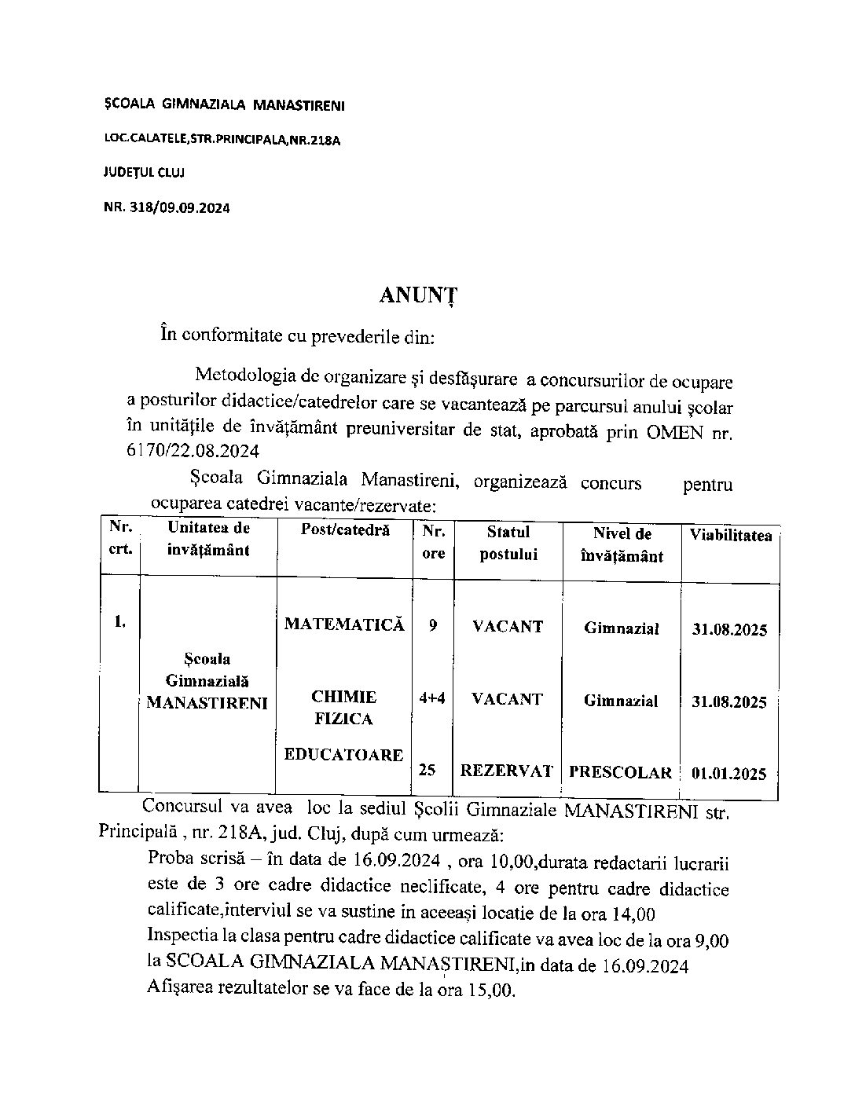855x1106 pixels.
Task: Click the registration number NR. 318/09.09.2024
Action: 167,207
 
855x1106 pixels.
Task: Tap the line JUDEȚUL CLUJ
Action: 144,172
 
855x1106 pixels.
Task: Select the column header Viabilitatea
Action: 731,536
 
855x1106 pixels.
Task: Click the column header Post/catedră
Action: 345,530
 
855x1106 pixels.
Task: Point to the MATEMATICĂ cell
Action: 344,624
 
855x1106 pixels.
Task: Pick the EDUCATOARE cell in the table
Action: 344,755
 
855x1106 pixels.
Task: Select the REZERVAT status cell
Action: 507,771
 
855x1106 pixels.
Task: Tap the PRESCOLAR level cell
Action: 621,772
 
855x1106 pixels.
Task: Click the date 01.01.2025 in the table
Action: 728,774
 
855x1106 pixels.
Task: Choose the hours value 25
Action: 427,771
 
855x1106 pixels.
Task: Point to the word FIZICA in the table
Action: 343,719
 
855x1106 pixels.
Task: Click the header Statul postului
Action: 508,543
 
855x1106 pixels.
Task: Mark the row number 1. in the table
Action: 119,622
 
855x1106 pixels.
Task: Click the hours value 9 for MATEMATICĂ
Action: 433,626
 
